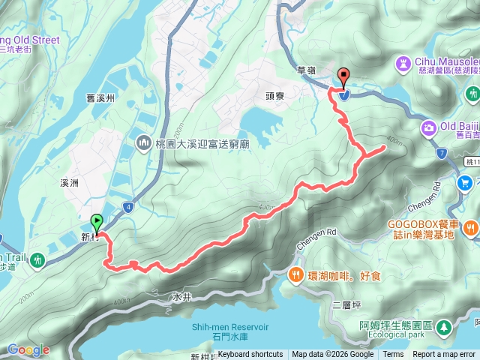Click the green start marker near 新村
97,223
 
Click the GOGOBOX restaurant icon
470,226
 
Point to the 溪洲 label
68,182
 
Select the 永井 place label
182,297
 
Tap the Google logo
28,349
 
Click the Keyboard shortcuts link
250,355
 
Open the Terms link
393,355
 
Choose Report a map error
444,355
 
